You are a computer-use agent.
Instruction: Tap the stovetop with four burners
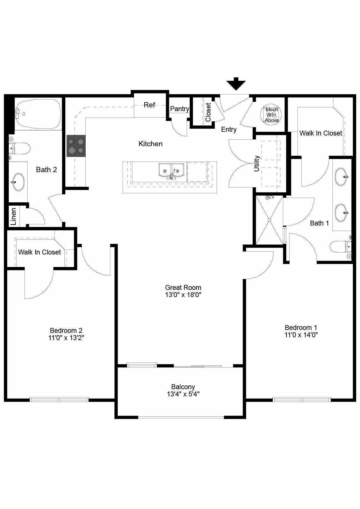[76, 146]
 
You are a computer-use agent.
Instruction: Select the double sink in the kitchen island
[171, 171]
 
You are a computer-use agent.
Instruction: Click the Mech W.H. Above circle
[271, 115]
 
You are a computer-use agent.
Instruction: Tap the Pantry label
[179, 109]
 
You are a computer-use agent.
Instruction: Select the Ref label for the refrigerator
[150, 105]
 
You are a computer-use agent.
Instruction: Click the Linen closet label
[13, 216]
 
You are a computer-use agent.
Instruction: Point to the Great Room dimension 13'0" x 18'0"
[183, 295]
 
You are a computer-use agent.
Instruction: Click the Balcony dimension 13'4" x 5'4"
[183, 394]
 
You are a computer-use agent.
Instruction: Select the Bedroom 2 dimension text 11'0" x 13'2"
[66, 338]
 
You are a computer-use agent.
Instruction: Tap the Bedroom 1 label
[301, 328]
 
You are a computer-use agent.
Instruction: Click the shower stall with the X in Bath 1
[269, 220]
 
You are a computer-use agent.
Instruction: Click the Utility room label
[257, 163]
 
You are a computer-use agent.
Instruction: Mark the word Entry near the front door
[229, 129]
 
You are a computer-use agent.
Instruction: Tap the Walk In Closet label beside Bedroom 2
[39, 252]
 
